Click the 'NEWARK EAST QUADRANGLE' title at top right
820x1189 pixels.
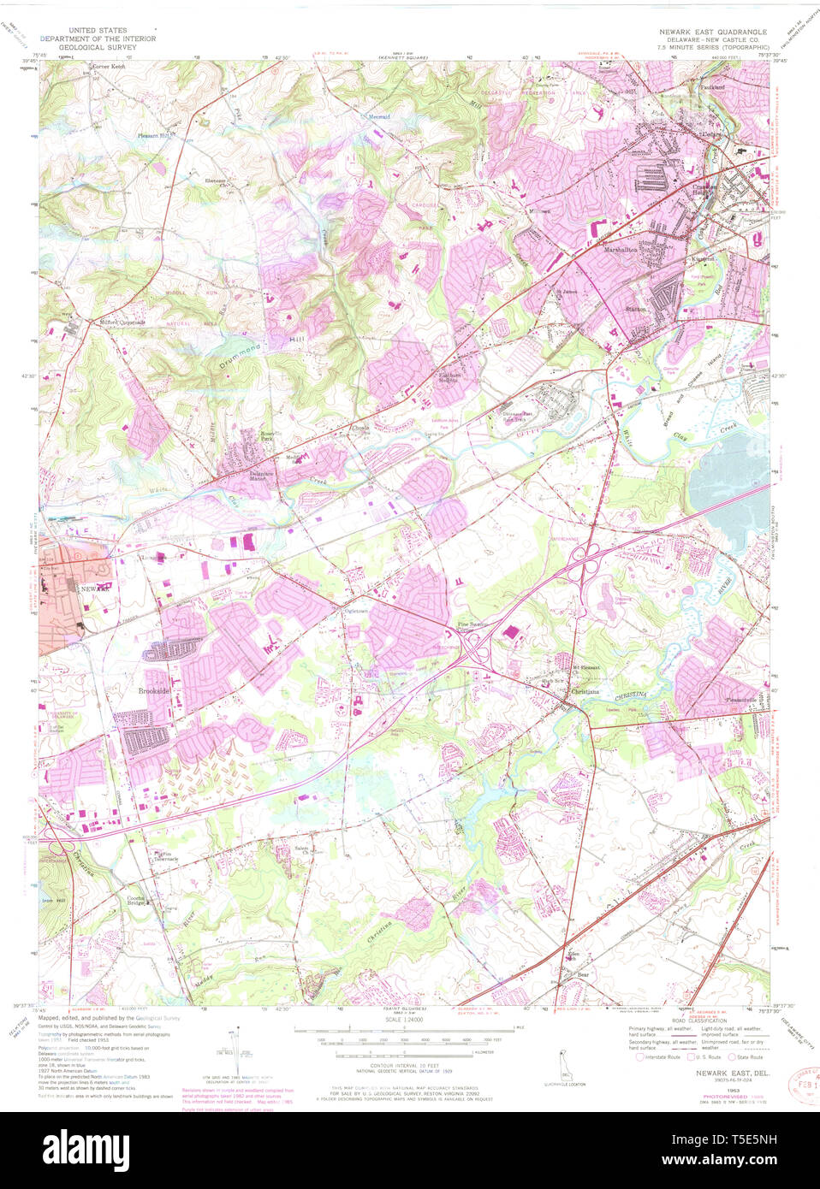pos(712,32)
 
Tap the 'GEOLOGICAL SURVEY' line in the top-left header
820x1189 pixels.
pos(98,47)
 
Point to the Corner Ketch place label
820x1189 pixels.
pos(108,67)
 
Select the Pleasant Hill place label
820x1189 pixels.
pos(154,135)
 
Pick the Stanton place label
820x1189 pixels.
pos(635,309)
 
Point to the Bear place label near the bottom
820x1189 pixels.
pos(583,974)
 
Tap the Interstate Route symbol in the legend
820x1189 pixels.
pos(639,1057)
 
